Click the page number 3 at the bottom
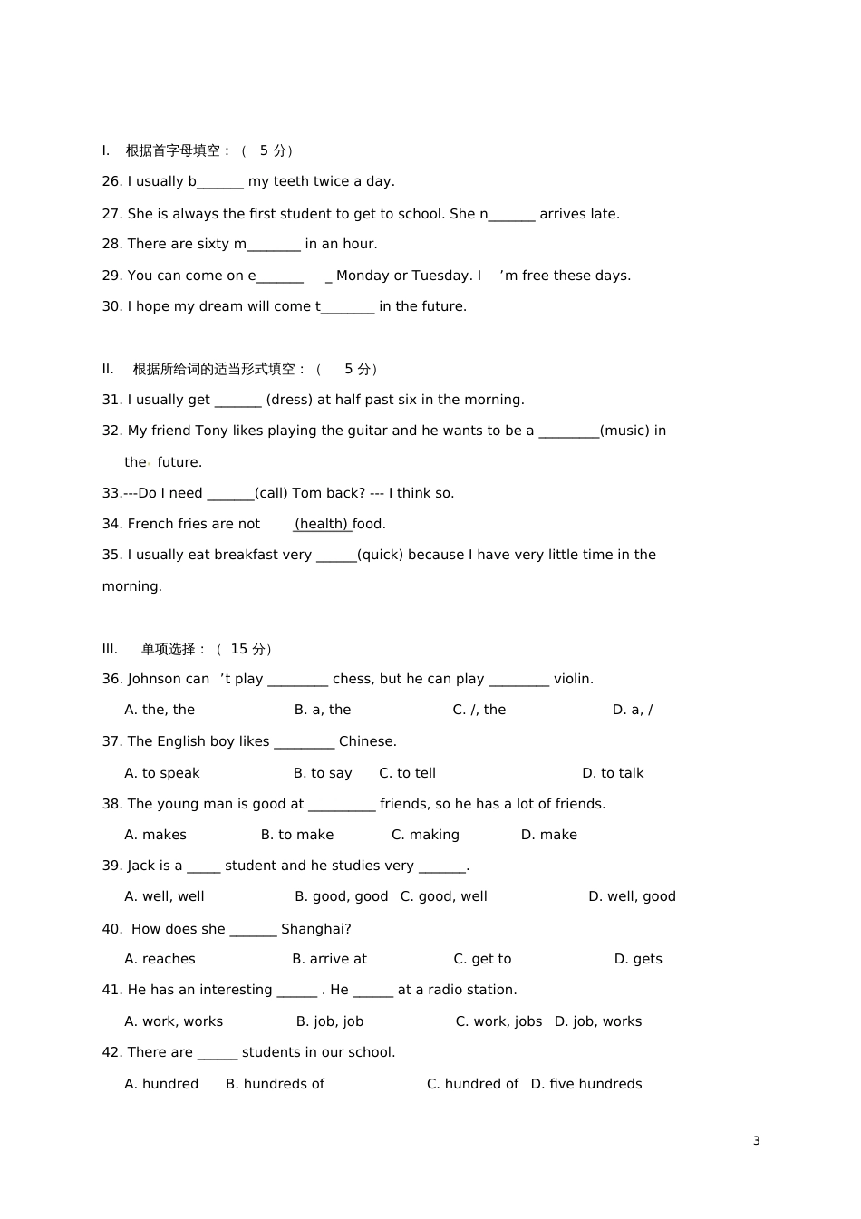[756, 1140]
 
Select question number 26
[111, 181]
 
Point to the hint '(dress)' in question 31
[289, 400]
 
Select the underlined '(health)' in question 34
[322, 524]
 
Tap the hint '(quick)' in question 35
[380, 555]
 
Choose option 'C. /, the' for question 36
[479, 710]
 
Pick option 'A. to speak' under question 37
[161, 773]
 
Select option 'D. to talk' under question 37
[613, 773]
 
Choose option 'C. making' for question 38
[425, 835]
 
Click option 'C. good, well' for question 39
[443, 896]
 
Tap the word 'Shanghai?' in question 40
[315, 929]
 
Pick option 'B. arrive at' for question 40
[329, 959]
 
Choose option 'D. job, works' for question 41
[597, 1021]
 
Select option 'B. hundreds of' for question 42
[275, 1084]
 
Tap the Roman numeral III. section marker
[110, 649]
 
